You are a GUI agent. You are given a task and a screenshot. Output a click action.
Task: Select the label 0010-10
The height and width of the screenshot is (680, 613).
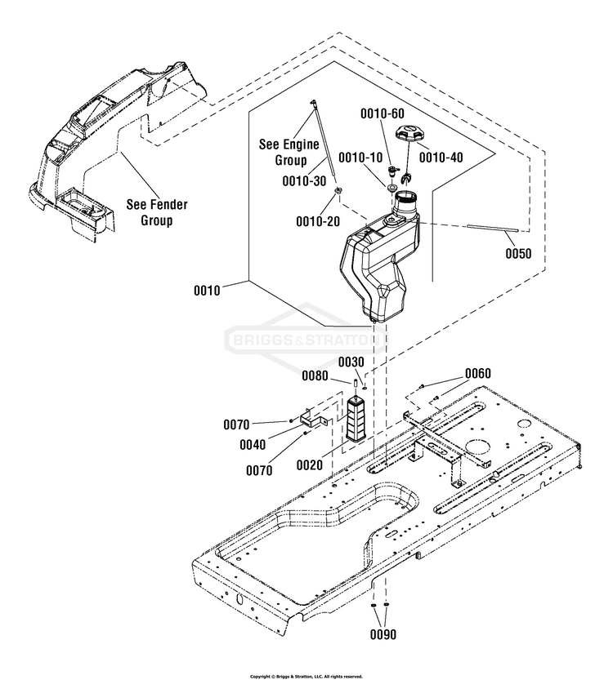coord(360,157)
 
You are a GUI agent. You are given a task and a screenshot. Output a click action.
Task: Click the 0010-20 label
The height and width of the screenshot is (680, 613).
coord(318,221)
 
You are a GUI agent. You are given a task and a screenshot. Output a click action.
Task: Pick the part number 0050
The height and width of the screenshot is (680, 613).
coord(517,253)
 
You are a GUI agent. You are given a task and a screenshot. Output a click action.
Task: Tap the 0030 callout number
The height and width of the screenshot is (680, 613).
coord(351,362)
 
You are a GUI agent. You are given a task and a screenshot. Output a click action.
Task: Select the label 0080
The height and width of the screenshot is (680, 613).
coord(314,376)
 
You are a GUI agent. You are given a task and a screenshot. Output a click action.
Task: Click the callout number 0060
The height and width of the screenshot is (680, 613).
coord(478,373)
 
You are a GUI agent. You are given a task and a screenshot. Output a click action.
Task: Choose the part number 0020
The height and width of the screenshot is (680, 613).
coord(310,465)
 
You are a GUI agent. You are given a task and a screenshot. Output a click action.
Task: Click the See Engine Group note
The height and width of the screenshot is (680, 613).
coord(284,152)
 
